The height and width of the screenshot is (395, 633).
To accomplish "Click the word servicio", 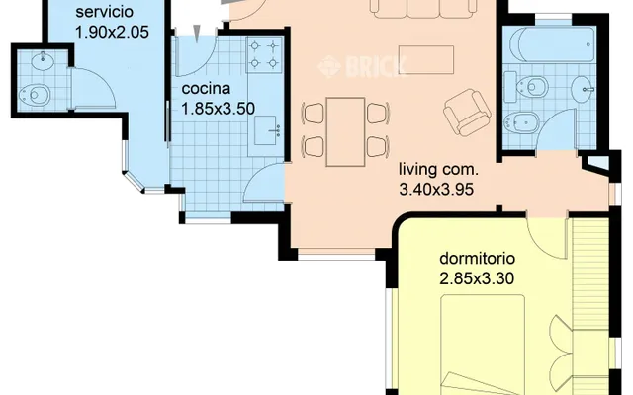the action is [104, 12].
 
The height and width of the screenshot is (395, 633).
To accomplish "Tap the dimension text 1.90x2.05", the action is [112, 32].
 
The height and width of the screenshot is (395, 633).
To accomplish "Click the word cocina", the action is [206, 88].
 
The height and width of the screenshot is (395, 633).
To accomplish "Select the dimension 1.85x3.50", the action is [218, 109].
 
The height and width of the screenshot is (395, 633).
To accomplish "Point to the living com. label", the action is [438, 169].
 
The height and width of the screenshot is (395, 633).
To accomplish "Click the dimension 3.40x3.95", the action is [436, 189].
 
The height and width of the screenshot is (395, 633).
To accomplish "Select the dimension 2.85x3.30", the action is [477, 278].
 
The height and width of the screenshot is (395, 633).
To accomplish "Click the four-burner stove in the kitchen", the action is [264, 54].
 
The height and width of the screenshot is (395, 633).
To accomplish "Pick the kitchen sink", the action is [267, 130].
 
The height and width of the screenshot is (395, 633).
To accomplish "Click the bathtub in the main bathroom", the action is [552, 44].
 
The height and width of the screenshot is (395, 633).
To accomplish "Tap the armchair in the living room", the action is [467, 112].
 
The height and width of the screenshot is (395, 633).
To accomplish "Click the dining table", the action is [345, 131].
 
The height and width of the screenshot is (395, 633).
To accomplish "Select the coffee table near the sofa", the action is [426, 60].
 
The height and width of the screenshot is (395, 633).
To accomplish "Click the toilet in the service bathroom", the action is [35, 95].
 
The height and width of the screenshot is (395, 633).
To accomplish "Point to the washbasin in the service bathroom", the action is [43, 61].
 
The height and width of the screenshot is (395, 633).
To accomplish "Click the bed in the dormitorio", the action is [483, 345].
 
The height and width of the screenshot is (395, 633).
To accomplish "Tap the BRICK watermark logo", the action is [362, 66].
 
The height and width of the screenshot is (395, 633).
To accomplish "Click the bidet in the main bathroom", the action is [521, 121].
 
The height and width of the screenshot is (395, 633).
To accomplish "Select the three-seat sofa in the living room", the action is [423, 8].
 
